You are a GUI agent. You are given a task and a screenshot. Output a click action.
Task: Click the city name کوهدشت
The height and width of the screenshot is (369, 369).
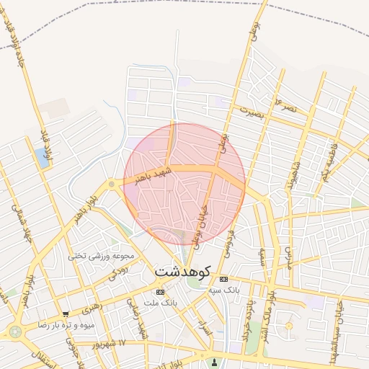183,273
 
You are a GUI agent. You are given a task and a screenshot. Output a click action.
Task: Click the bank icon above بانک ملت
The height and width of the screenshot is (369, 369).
160,292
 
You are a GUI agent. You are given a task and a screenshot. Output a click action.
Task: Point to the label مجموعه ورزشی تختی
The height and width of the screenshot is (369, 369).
102,255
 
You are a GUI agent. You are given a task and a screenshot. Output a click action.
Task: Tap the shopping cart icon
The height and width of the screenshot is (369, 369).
66,314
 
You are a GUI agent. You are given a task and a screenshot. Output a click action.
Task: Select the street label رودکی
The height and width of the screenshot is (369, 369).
120,272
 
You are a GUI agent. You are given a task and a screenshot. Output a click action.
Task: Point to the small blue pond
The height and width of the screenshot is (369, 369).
43,158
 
